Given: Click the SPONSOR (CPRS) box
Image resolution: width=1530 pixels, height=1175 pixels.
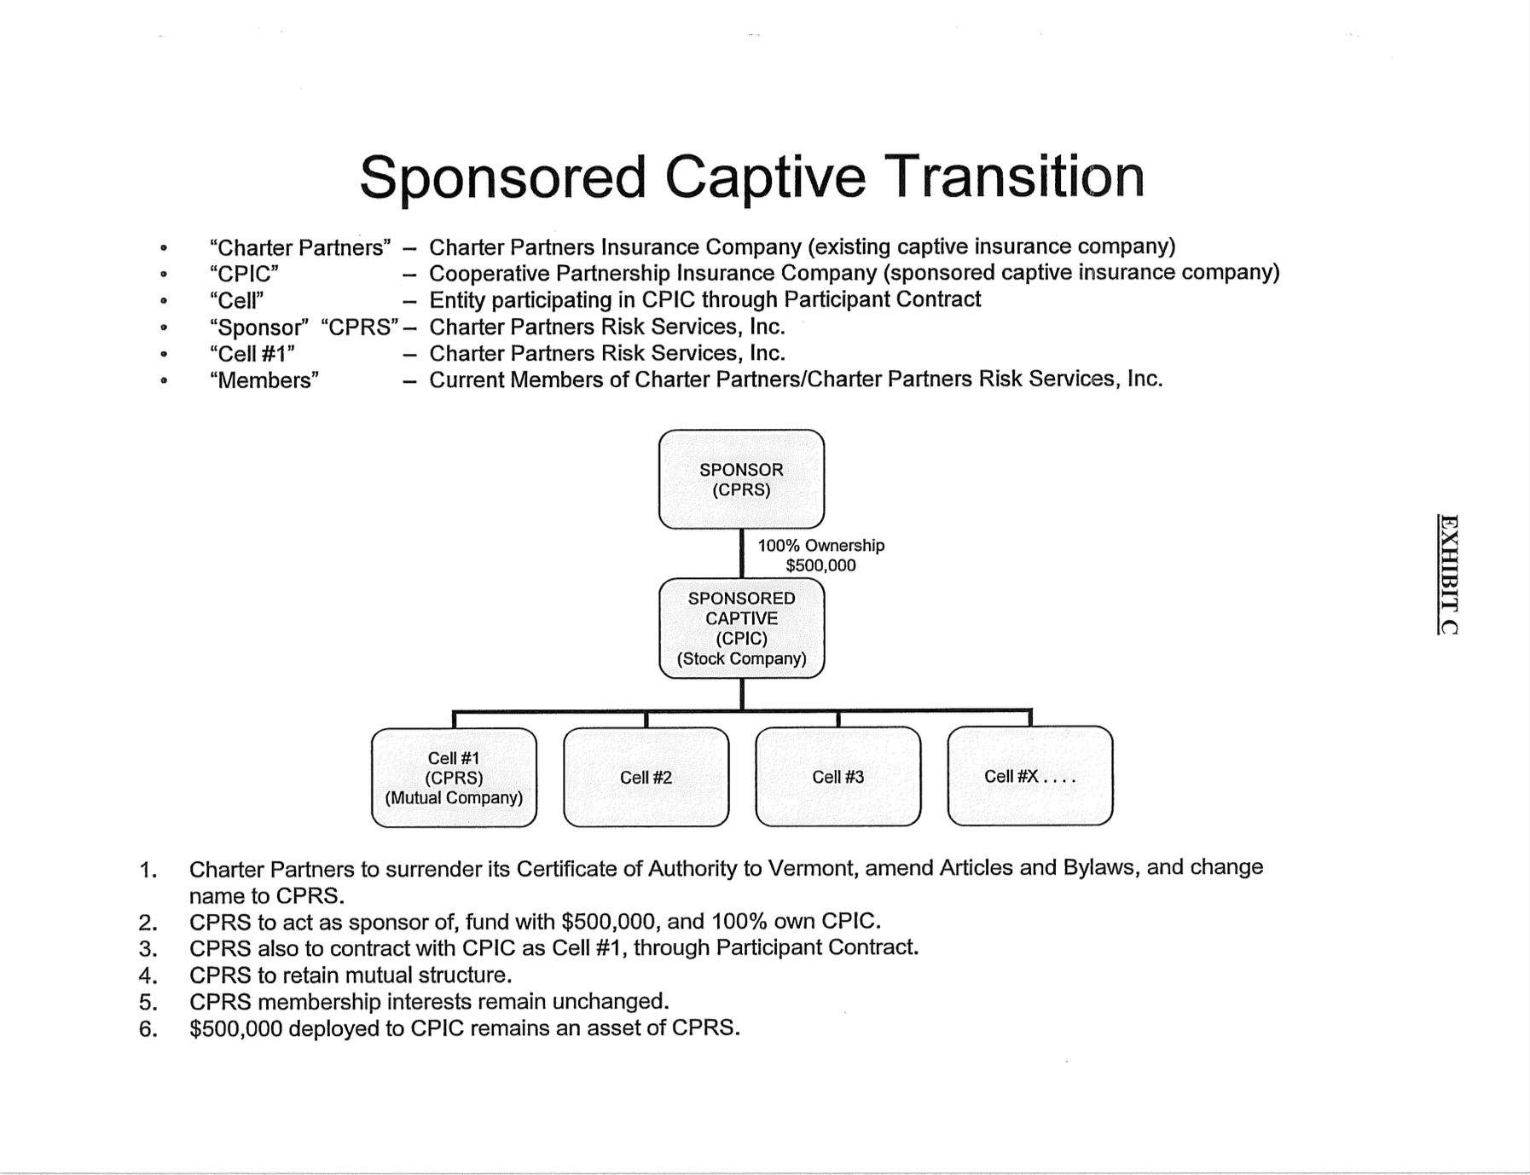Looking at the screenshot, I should pyautogui.click(x=741, y=479).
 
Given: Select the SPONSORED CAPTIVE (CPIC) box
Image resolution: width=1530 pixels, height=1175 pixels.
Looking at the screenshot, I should pyautogui.click(x=741, y=628).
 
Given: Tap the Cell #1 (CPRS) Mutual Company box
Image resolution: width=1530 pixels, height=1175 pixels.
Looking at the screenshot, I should pyautogui.click(x=454, y=778).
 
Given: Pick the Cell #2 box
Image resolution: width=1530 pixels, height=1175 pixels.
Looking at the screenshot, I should pyautogui.click(x=646, y=778).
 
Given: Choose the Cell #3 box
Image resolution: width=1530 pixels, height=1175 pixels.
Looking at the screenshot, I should pyautogui.click(x=837, y=777).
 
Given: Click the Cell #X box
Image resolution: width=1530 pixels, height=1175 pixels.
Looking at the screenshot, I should pyautogui.click(x=1029, y=776).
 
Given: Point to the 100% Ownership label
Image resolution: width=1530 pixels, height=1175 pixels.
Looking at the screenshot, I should pyautogui.click(x=820, y=546).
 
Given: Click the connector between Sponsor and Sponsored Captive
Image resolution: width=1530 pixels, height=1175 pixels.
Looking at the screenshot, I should pyautogui.click(x=741, y=553).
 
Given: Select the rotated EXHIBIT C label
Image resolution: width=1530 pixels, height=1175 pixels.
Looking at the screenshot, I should pyautogui.click(x=1447, y=574).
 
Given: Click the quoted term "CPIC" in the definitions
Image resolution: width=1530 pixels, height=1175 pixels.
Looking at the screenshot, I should pyautogui.click(x=244, y=274).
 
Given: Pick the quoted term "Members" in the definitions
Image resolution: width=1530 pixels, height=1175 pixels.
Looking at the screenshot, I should pyautogui.click(x=264, y=380).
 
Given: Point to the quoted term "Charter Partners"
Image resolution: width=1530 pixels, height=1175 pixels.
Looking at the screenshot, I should pyautogui.click(x=300, y=247).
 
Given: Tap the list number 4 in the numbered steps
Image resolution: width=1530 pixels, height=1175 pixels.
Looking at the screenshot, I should pyautogui.click(x=148, y=975).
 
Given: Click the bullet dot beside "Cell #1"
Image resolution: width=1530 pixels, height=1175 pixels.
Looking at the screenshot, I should pyautogui.click(x=164, y=354).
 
